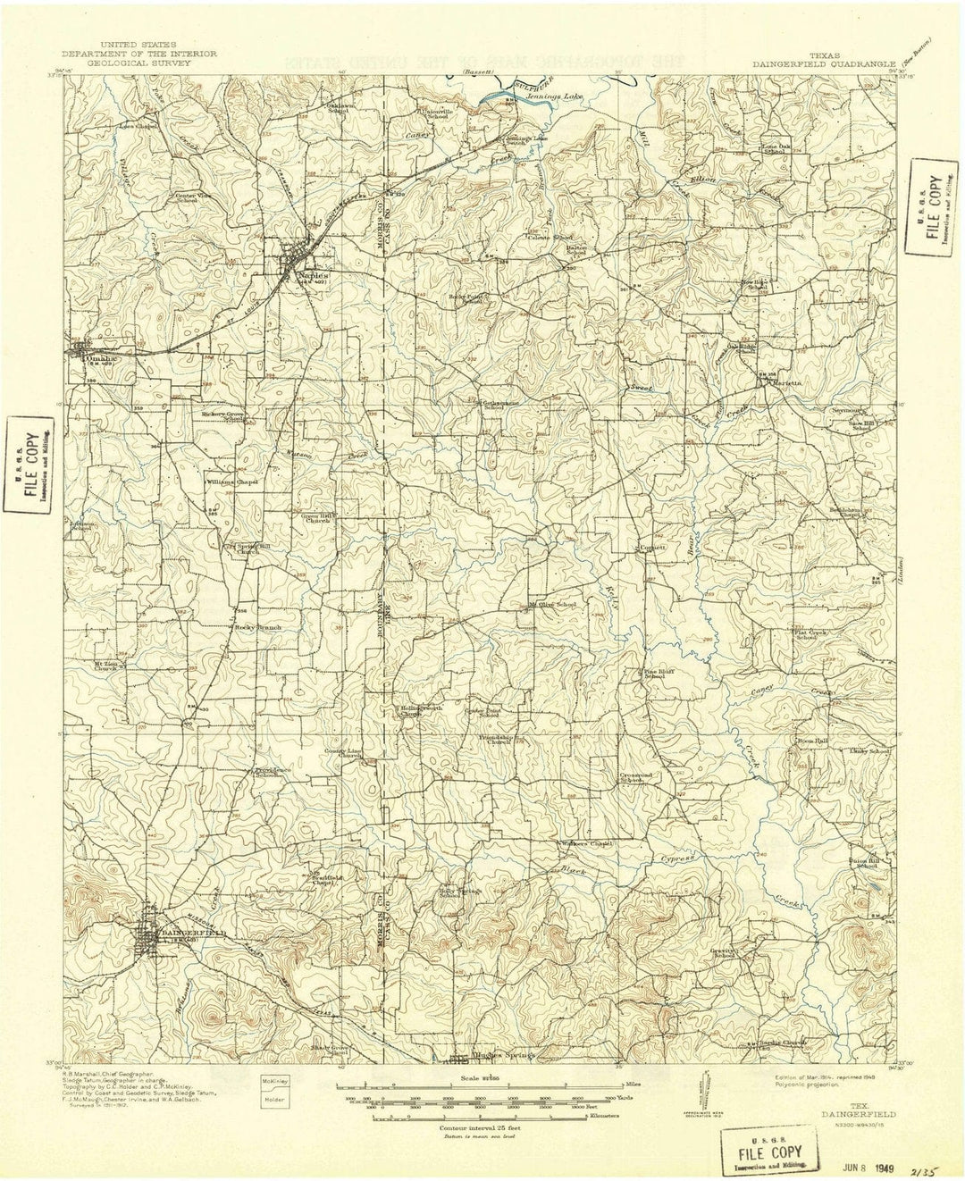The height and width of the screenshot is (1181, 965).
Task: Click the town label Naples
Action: [x=315, y=276]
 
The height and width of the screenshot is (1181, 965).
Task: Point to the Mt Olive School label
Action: [x=554, y=605]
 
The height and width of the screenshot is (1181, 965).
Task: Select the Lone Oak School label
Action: [x=773, y=147]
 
